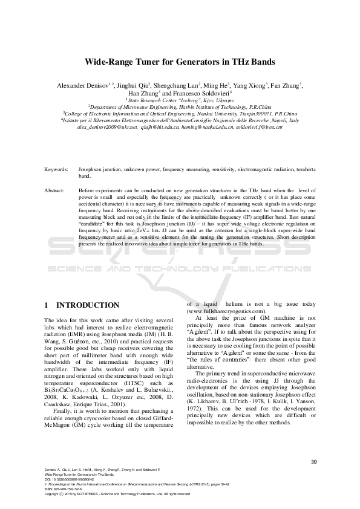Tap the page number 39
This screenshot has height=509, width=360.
pyautogui.click(x=313, y=462)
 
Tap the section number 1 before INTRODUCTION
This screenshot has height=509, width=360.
pyautogui.click(x=48, y=305)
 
